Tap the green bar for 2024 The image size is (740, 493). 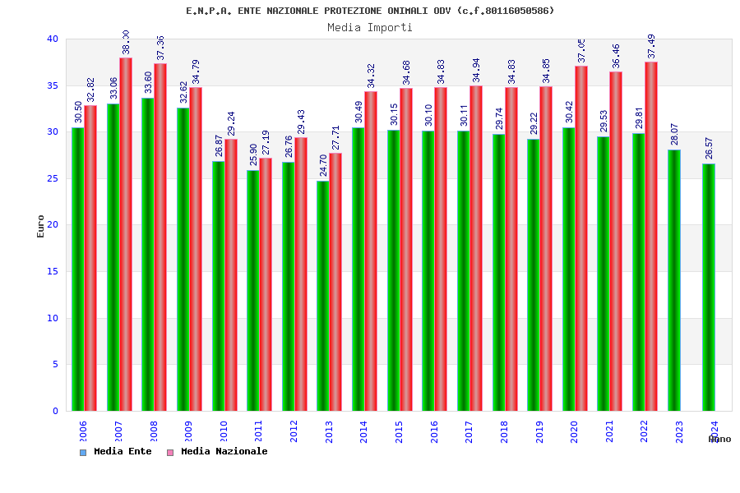[x=709, y=287]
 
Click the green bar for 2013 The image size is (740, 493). [x=323, y=296]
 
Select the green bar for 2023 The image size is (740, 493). [x=674, y=280]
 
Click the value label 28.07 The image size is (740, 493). [x=675, y=134]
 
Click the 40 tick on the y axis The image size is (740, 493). [x=53, y=39]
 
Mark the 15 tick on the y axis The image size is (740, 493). [x=53, y=271]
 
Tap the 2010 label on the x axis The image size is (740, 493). [x=224, y=432]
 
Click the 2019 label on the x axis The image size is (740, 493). [x=539, y=432]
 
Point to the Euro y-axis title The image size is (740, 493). [x=41, y=226]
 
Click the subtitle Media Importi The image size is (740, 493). [x=370, y=27]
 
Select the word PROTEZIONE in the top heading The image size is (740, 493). [x=350, y=11]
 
